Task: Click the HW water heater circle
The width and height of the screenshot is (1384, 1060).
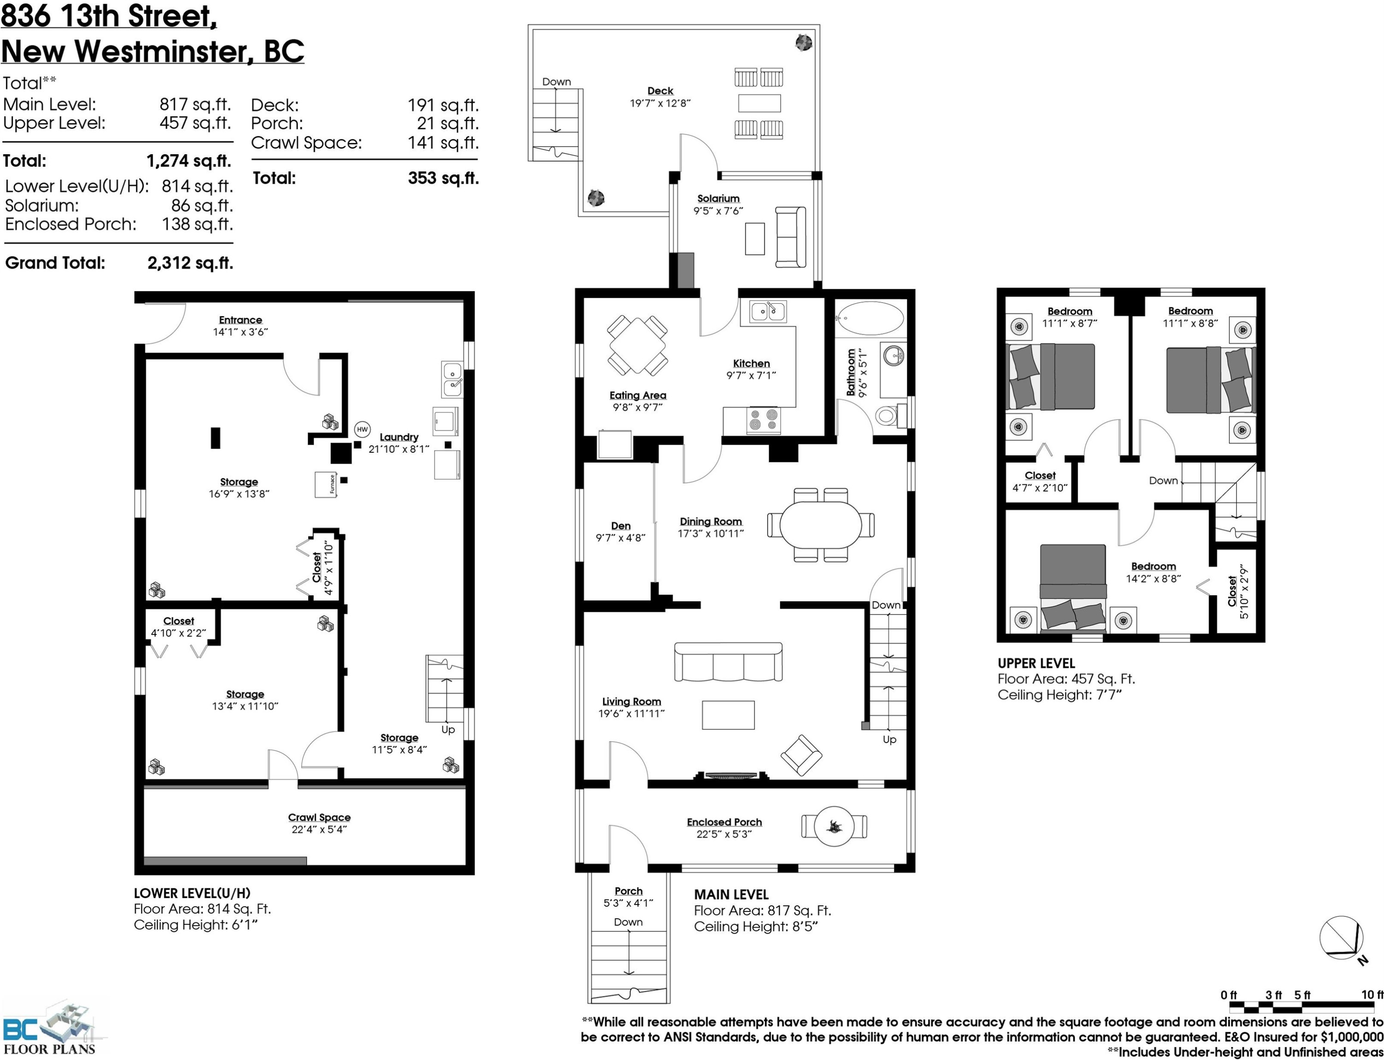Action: point(362,430)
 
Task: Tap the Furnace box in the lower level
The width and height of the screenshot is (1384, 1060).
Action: point(326,485)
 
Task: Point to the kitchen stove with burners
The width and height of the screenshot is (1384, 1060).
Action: point(764,420)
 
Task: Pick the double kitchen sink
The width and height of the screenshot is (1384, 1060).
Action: point(768,311)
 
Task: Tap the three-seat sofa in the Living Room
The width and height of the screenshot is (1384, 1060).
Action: point(728,662)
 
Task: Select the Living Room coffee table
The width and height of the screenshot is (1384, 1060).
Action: point(728,715)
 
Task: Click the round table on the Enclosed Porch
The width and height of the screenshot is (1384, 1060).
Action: point(834,826)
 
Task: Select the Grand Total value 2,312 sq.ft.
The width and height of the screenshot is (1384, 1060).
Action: point(191,263)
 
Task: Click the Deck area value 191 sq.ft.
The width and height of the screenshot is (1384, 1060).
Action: point(443,105)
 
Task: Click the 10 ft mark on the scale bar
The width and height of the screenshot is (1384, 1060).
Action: point(1372,994)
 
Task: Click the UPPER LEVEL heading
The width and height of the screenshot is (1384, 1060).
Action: point(1037,663)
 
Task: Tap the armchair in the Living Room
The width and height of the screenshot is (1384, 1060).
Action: point(801,755)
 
